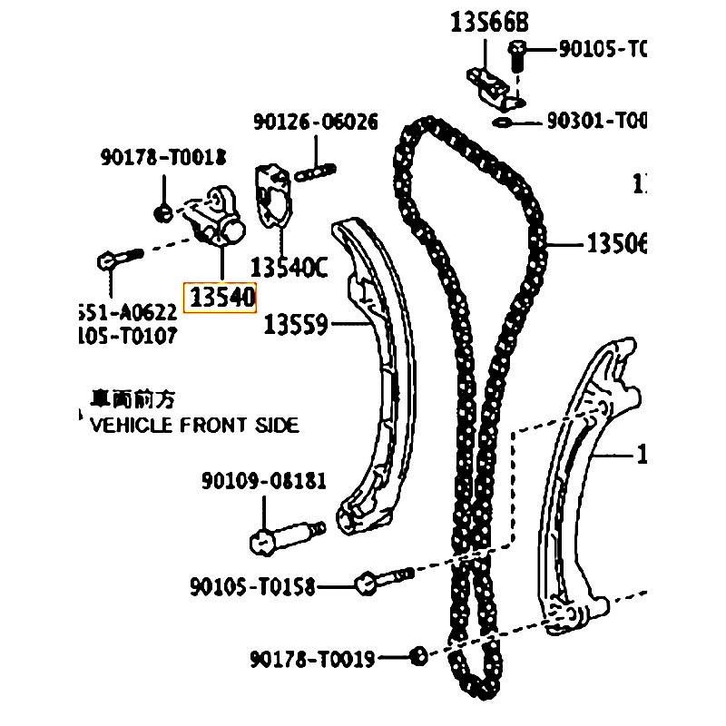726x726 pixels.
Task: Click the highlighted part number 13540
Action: click(x=221, y=297)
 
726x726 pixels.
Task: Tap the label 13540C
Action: click(x=288, y=268)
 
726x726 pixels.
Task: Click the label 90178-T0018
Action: click(x=162, y=159)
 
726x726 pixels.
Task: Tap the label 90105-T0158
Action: click(x=252, y=587)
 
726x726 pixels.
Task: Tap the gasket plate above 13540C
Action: click(x=273, y=194)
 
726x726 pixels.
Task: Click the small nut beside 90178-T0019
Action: click(x=417, y=654)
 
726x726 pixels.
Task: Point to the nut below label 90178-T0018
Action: click(x=164, y=213)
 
